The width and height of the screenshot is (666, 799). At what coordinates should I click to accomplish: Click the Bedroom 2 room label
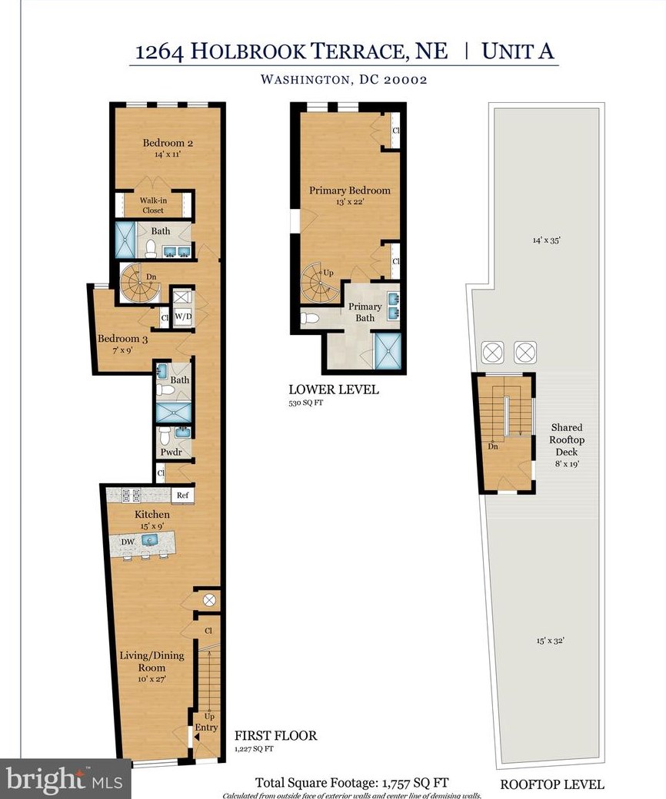point(166,143)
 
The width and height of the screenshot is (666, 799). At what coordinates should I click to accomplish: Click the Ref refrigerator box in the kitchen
point(182,496)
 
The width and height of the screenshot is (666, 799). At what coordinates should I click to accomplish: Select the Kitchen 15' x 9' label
point(152,519)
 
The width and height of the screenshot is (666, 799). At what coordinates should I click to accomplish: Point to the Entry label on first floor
point(206,727)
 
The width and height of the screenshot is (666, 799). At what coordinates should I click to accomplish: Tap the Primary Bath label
point(365,312)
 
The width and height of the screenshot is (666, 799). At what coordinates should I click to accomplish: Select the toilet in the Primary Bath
point(310,317)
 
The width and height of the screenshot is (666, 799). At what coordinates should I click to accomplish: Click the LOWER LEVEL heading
point(333,390)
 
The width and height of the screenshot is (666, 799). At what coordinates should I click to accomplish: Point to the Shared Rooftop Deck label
point(566,439)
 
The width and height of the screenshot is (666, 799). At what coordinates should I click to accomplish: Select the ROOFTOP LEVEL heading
point(551,784)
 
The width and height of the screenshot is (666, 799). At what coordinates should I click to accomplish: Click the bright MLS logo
point(65,780)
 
